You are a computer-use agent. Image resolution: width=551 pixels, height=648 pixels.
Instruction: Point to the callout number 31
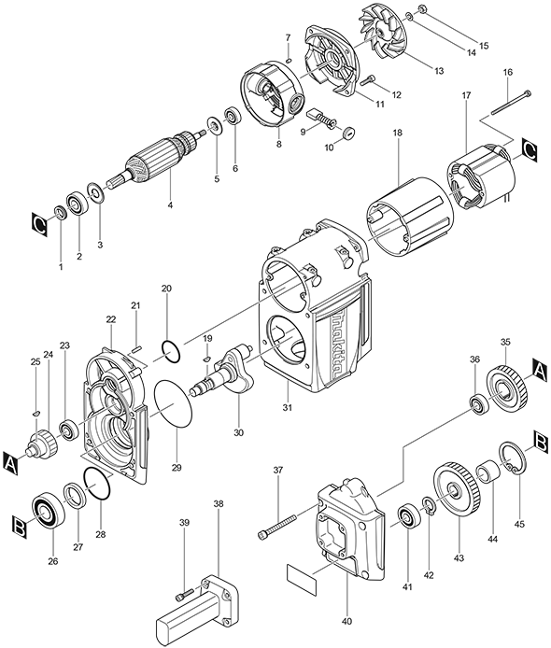click(288, 408)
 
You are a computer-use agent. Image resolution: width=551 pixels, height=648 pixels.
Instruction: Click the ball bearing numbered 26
click(45, 510)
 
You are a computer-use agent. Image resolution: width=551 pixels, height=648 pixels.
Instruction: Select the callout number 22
click(110, 319)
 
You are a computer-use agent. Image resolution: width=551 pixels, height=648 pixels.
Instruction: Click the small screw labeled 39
click(184, 594)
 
